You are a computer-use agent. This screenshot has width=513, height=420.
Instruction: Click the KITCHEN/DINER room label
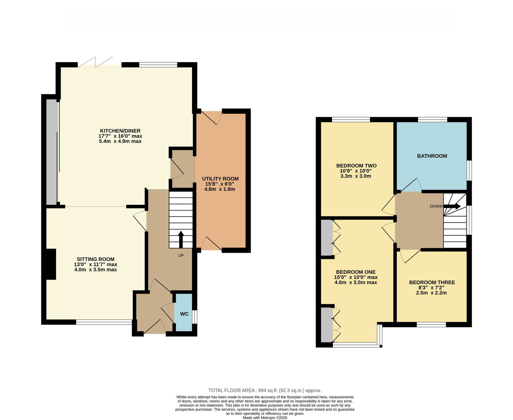tap(120, 131)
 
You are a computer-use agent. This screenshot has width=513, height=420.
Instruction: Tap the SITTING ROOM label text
tap(95, 259)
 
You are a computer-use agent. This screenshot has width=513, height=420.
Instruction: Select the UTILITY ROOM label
tap(220, 179)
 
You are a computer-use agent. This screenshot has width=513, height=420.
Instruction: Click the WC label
tap(184, 314)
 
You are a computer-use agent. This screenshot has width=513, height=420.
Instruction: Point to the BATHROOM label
tap(432, 156)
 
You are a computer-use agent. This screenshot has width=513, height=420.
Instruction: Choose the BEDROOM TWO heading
tap(356, 166)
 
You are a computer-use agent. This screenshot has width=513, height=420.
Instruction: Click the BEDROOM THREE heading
tap(432, 283)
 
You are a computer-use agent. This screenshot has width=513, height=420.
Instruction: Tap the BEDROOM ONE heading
tap(356, 272)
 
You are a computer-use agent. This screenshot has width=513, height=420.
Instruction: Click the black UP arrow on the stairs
tap(181, 239)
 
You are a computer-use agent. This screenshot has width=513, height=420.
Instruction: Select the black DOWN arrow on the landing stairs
tap(452, 206)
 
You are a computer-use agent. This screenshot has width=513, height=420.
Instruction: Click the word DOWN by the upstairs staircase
tap(436, 206)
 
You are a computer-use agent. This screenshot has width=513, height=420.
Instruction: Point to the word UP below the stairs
tap(181, 255)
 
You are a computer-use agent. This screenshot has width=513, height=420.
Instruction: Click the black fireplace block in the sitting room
tap(51, 264)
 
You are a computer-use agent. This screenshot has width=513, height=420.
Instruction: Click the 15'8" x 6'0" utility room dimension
tap(220, 184)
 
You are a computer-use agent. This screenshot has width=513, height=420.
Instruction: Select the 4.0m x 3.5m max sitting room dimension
tap(96, 269)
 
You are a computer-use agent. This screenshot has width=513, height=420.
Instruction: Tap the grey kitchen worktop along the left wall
tap(53, 152)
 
